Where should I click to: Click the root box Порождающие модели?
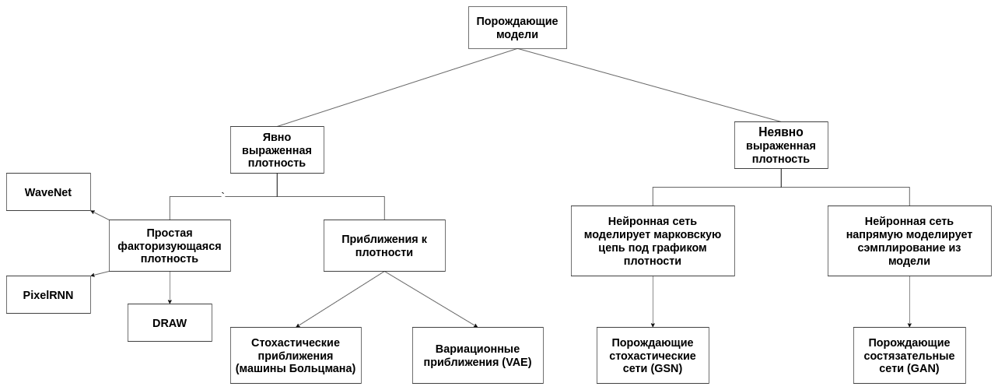coord(517,27)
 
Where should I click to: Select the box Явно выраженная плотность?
coord(277,149)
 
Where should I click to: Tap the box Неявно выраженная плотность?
coord(781,146)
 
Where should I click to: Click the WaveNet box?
coord(48,192)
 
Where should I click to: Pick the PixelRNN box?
coord(48,294)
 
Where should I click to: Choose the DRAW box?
coord(170,323)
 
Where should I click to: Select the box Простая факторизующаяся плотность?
coord(170,245)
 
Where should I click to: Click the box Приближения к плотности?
coord(384,245)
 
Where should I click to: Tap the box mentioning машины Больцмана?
coord(296,355)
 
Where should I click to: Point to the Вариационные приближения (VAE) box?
coord(478,355)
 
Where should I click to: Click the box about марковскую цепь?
coord(653,241)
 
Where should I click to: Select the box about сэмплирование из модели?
coord(909,241)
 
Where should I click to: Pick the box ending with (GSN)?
coord(653,355)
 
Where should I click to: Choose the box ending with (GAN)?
coord(909,355)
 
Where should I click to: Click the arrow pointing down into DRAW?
coord(170,288)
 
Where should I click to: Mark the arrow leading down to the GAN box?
coord(909,302)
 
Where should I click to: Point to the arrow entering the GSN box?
coord(653,302)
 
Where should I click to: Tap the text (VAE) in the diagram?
coord(517,362)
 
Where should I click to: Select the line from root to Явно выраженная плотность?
coord(397,87)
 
